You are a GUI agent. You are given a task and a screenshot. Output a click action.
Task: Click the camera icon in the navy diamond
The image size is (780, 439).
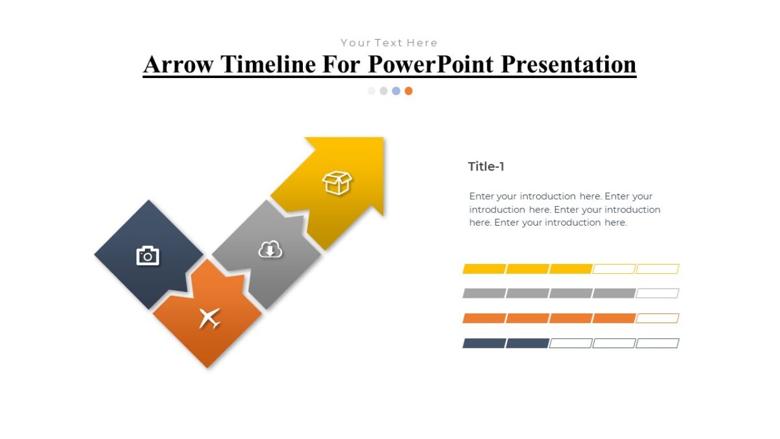pos(148,256)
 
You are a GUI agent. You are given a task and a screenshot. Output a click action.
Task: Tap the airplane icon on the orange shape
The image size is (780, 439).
pos(209,318)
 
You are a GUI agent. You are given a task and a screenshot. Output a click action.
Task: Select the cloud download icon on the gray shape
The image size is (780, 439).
pos(270,249)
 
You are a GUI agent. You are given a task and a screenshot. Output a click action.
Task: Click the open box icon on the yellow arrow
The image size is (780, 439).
pos(337,183)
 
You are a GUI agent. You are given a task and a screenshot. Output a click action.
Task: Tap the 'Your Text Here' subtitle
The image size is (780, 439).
pos(389,43)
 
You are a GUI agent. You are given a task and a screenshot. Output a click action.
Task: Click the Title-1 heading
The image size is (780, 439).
pos(486,166)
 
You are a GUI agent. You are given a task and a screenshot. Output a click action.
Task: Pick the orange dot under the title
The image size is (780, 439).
pos(408,91)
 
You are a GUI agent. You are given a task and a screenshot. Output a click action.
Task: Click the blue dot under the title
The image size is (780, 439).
pos(396,91)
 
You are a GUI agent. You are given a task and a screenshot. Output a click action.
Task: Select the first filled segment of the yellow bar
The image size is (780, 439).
pos(484,269)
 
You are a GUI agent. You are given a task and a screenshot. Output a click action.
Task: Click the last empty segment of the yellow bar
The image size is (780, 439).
pos(657,269)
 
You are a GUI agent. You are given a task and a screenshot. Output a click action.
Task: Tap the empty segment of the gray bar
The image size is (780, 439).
pos(657,293)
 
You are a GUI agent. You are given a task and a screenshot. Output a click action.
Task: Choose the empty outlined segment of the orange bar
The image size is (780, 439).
pos(657,318)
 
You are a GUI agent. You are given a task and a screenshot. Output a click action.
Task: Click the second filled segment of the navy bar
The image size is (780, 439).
pos(527,343)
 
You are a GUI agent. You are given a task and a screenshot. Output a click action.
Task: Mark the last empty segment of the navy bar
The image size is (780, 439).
pos(657,343)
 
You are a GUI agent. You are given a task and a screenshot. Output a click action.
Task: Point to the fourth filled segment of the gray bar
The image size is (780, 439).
pos(614,293)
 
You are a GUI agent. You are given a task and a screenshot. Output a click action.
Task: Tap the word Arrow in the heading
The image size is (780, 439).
pos(177,64)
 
